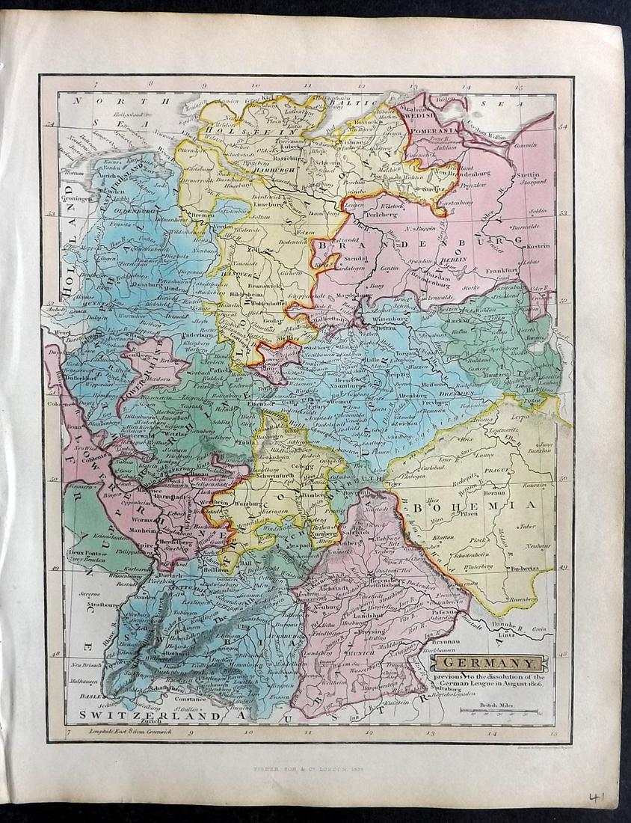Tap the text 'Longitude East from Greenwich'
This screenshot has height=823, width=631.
pyautogui.click(x=132, y=731)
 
